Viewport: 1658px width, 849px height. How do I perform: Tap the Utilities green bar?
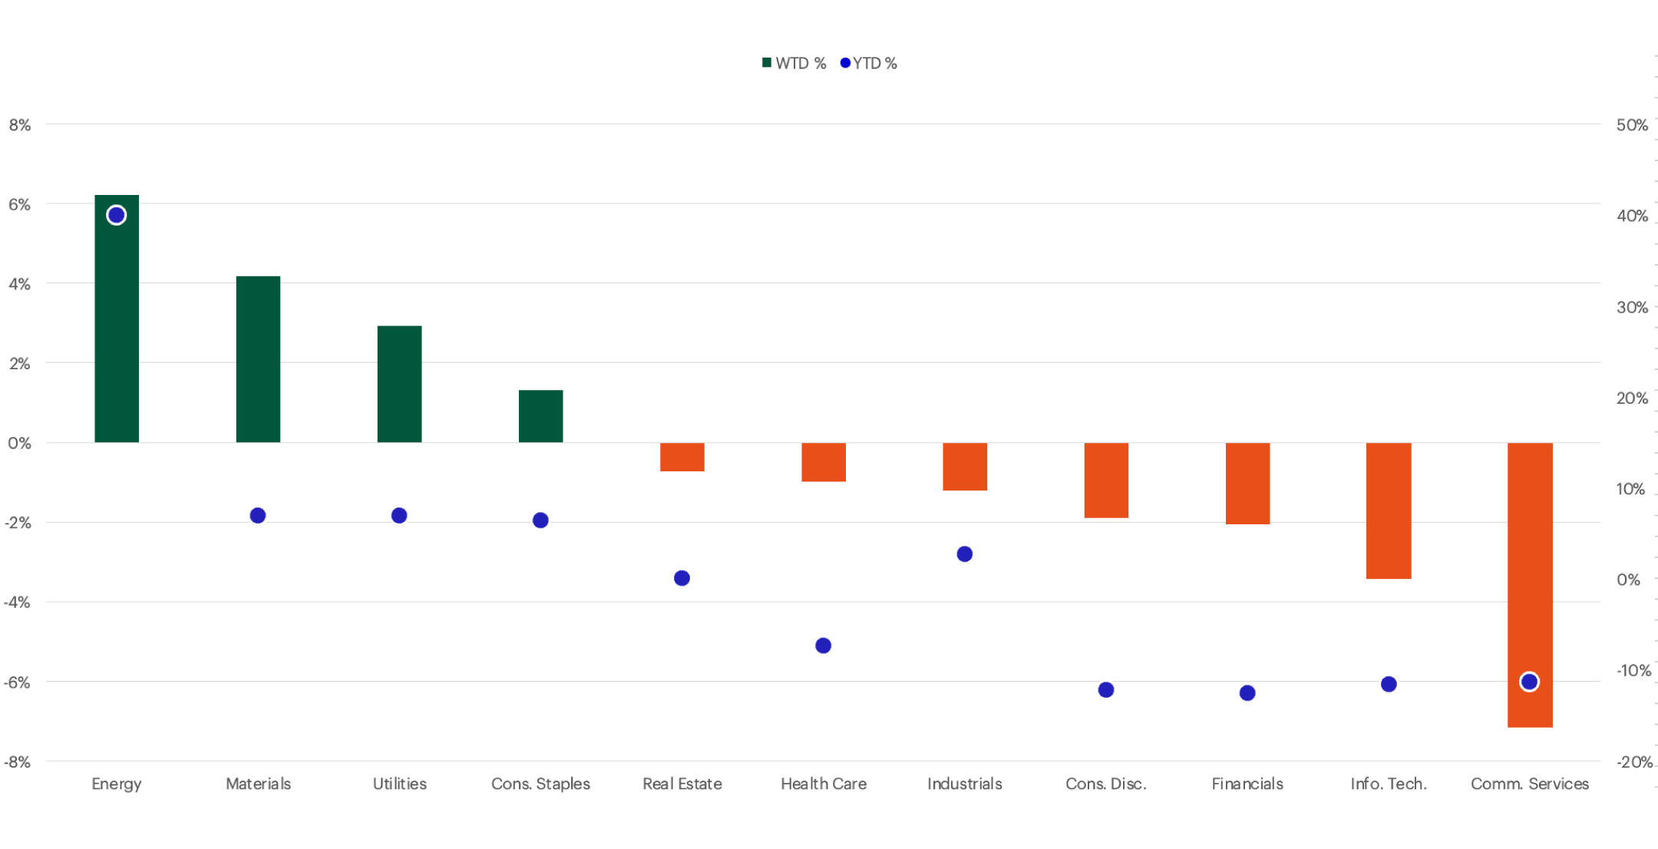point(399,384)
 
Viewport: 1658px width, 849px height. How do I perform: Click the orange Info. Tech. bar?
point(1389,510)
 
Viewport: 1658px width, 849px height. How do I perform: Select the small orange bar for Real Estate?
point(682,457)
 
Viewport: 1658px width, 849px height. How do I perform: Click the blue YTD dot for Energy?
point(117,215)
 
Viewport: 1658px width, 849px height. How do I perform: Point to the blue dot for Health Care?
point(823,646)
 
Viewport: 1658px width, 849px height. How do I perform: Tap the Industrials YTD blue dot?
point(965,554)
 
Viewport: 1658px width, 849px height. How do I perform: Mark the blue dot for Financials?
point(1247,693)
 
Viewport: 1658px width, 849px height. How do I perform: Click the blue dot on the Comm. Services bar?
point(1529,682)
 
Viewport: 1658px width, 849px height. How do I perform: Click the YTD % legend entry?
point(869,63)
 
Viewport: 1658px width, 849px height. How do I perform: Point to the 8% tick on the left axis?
point(20,124)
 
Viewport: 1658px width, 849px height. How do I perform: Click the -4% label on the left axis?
point(18,603)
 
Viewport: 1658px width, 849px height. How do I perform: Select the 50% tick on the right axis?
point(1632,124)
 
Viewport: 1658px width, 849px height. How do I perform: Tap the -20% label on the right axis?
point(1633,762)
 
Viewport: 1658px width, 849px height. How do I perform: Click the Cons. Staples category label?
point(540,784)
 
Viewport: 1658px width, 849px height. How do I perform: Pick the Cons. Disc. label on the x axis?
point(1105,784)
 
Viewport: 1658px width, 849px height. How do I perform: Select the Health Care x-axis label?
point(823,784)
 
